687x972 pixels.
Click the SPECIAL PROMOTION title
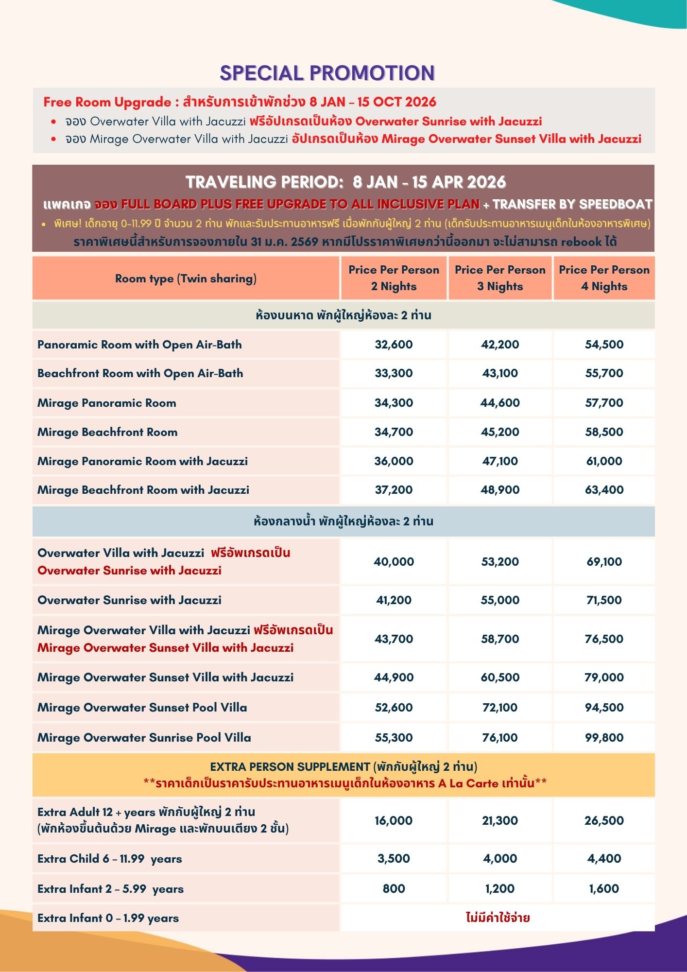(327, 73)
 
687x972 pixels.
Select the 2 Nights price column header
(394, 278)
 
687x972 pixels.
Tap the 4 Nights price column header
(604, 278)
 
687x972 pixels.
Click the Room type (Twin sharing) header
(186, 278)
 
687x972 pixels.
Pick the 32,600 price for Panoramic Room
(394, 345)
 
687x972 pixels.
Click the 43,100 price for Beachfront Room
(500, 373)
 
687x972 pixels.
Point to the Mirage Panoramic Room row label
(107, 403)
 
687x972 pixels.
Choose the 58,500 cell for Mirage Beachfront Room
(604, 432)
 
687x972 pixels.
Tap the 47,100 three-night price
(500, 461)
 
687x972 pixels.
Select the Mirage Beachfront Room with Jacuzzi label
(143, 490)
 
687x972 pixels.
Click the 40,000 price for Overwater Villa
(394, 562)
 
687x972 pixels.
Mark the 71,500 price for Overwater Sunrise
(604, 600)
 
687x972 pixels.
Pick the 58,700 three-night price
(500, 639)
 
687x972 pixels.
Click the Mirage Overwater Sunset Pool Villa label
(142, 708)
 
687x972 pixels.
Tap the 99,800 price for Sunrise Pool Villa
(604, 738)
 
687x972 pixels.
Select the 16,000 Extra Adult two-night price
(394, 821)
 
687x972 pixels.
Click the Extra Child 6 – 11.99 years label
(110, 859)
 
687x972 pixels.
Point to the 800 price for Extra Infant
(394, 889)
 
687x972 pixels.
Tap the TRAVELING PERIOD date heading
(345, 182)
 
